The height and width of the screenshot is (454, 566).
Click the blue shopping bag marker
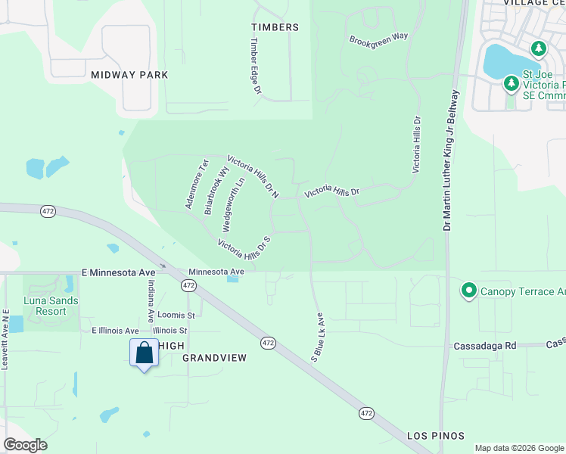(144, 353)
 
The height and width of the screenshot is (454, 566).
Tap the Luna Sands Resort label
(51, 306)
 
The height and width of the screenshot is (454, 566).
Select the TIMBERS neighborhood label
(275, 27)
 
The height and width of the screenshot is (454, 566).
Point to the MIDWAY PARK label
(129, 75)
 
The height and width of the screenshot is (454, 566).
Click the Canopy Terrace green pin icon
(469, 291)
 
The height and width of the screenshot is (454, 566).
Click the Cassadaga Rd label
(484, 345)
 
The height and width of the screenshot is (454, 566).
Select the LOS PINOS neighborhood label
(435, 436)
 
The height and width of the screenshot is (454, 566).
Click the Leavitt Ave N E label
(5, 340)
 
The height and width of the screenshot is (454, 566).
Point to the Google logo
(25, 445)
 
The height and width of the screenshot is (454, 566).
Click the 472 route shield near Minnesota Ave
(188, 285)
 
